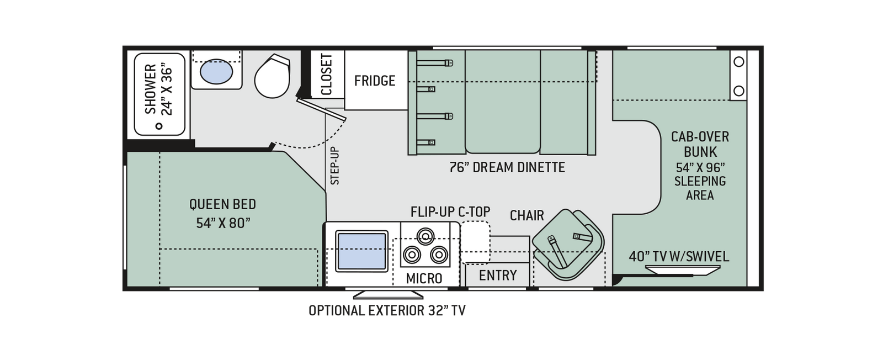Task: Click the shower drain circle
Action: point(159,126)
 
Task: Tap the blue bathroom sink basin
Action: point(216,71)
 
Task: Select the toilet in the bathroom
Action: point(272,76)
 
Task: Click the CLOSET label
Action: point(327,75)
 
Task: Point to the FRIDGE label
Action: point(375,81)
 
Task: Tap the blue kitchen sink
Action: point(362,252)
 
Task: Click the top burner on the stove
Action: point(425,236)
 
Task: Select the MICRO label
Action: point(424,278)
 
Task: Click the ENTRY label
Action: point(498,275)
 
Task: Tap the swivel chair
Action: point(568,245)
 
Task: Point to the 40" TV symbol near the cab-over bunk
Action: point(682,270)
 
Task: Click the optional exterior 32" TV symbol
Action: point(389,295)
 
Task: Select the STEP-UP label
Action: point(334,166)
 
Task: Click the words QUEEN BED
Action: point(223,204)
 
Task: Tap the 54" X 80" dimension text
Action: point(223,223)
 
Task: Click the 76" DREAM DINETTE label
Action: point(507,167)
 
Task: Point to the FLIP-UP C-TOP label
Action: point(450,211)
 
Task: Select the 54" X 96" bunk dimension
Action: point(700,168)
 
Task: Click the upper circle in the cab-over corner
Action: point(739,62)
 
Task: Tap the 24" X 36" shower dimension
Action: point(167,92)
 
